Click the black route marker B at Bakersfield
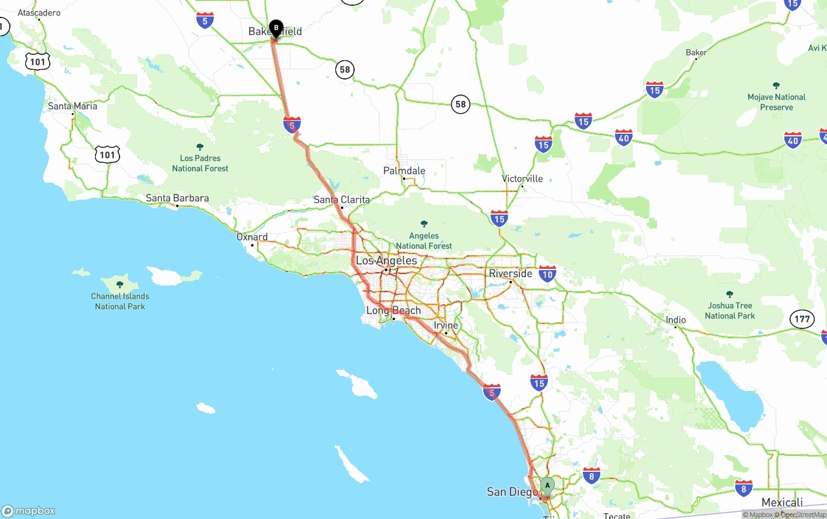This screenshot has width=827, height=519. click(x=276, y=28)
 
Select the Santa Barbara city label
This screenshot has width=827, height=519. click(x=177, y=198)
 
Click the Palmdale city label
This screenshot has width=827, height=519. click(x=404, y=171)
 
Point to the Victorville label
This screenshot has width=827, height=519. click(x=522, y=178)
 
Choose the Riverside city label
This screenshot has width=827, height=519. click(x=510, y=273)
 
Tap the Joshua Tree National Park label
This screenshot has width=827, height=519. click(x=729, y=310)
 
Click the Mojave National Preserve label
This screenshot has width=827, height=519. click(x=776, y=101)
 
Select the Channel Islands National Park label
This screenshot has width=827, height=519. click(x=120, y=301)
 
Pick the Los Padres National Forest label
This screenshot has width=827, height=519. click(x=200, y=163)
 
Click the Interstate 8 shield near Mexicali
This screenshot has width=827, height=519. click(x=744, y=488)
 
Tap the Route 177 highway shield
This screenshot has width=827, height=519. click(x=802, y=319)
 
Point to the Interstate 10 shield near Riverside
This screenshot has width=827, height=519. click(x=547, y=273)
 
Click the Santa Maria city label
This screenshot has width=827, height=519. click(x=72, y=106)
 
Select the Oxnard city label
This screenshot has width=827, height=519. click(x=252, y=237)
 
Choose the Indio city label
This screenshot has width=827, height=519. click(x=676, y=320)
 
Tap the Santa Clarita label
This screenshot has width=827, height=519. click(x=342, y=200)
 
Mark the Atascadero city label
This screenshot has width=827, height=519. click(x=39, y=13)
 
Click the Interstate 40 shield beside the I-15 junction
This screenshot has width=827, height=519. click(x=623, y=137)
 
